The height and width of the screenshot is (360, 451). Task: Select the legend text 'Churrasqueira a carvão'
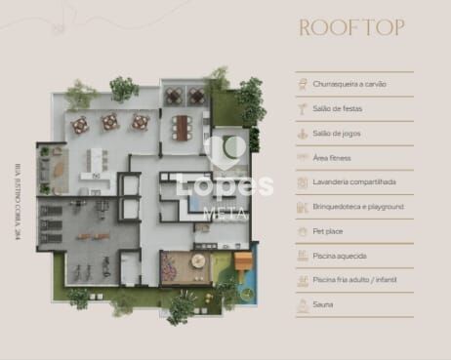[x=349, y=85]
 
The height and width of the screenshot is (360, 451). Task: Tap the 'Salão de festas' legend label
[x=338, y=109]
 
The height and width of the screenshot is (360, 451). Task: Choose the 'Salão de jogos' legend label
[x=337, y=134]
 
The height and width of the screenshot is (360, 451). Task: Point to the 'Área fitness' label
[x=333, y=158]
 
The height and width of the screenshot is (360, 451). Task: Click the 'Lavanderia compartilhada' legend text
[x=354, y=182]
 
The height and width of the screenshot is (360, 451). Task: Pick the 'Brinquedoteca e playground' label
[x=358, y=207]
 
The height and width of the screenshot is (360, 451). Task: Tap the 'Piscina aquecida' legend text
[x=340, y=256]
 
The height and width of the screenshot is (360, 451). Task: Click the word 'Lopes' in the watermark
[x=225, y=185]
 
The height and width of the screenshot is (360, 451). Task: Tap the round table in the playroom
[x=198, y=261]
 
